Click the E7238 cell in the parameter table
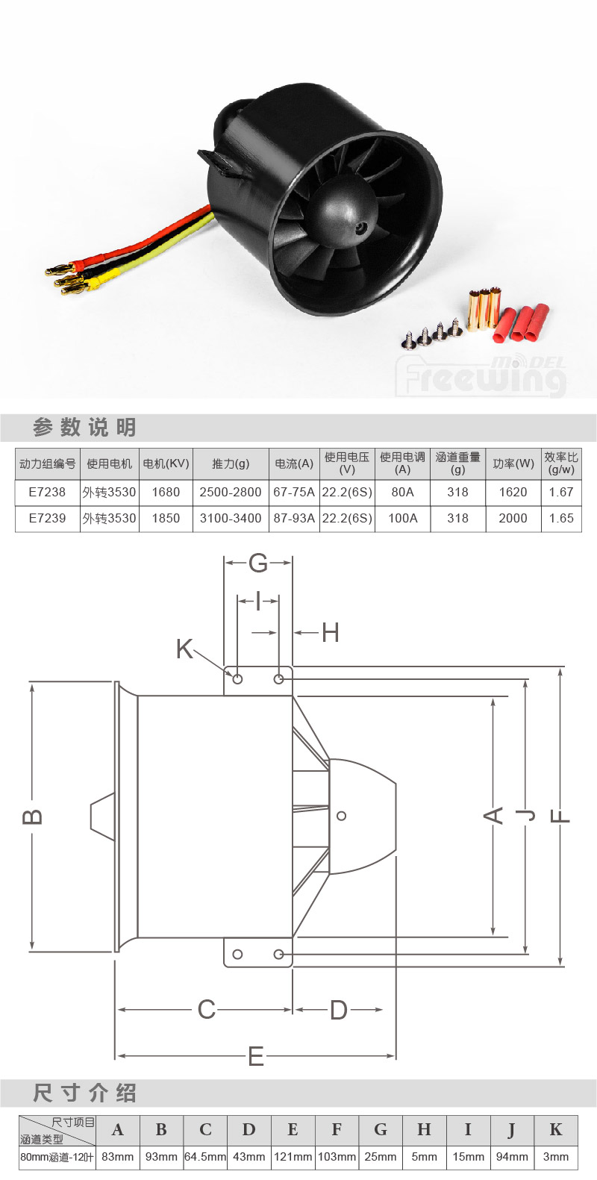pos(47,492)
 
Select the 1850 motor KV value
pos(166,518)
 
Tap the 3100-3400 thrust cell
pos(231,518)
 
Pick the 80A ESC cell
pos(403,492)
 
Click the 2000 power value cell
pos(513,518)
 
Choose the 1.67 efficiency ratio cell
pos(561,492)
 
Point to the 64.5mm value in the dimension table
pos(205,1157)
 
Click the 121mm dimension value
pos(293,1157)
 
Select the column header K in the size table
pos(555,1130)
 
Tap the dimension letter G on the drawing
pos(258,563)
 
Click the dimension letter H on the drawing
pos(331,633)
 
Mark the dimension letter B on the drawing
pos(32,817)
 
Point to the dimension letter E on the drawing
pos(256,1056)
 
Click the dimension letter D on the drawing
pos(338,1010)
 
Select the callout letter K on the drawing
pos(184,649)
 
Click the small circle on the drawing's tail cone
pos(342,816)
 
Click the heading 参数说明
pos(84,428)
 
